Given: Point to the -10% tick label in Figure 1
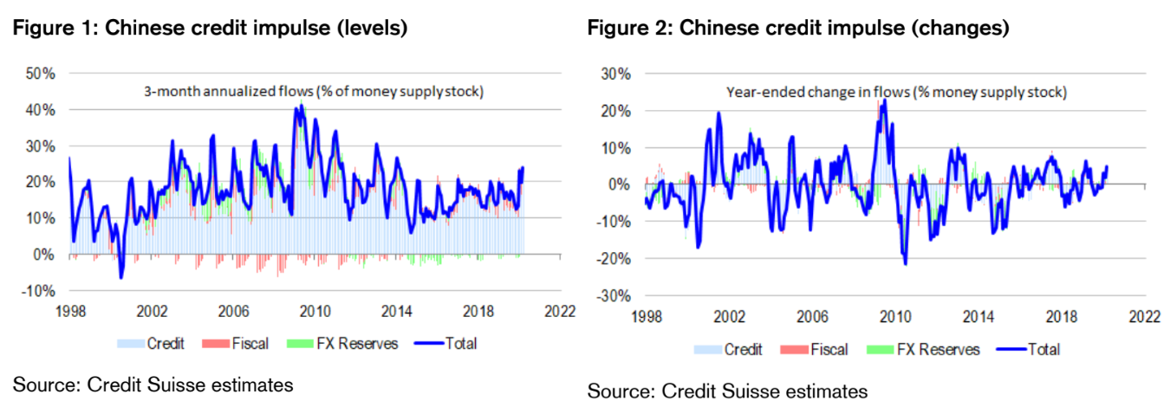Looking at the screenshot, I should (x=39, y=290).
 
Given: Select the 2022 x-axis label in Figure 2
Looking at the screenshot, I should (x=1145, y=317).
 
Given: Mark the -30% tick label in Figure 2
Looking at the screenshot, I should (x=614, y=295).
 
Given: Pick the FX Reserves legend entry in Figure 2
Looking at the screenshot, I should (x=937, y=349).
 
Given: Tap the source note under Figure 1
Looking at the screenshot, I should (x=153, y=385).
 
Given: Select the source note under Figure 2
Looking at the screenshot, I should (x=727, y=391).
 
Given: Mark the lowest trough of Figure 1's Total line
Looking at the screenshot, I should (x=121, y=278).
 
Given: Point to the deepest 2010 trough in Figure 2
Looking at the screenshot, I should (x=906, y=263).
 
